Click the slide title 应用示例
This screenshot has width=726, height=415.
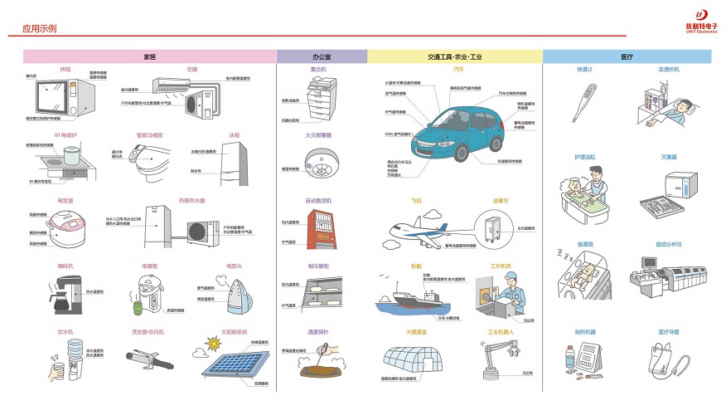39,28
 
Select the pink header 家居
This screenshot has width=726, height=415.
149,56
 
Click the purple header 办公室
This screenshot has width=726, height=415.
322,56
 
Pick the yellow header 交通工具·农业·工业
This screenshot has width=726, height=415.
454,56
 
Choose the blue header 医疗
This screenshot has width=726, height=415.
627,56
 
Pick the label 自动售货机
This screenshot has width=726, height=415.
318,201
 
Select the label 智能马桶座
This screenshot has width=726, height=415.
150,134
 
